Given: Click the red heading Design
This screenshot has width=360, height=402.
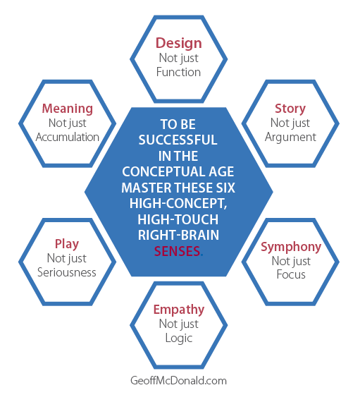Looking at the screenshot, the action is click(179, 43).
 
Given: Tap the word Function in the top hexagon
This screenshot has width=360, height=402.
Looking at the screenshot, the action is click(178, 72).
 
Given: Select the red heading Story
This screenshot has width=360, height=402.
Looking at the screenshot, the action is click(290, 109).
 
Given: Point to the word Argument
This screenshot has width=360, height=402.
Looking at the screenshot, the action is click(290, 138).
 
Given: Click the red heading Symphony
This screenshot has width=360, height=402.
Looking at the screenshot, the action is click(291, 247).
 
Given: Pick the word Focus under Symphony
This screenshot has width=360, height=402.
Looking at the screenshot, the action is click(291, 274).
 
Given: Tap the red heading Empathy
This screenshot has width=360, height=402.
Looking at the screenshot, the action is click(179, 310).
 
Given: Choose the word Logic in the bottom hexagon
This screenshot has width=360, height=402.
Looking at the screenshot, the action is click(179, 339).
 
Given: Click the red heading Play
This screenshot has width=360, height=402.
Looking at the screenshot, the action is click(67, 244).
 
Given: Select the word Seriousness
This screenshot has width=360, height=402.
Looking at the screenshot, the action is click(67, 272).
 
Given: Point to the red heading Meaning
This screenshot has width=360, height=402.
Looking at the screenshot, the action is click(68, 109).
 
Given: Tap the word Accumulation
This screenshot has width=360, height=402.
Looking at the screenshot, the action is click(68, 137).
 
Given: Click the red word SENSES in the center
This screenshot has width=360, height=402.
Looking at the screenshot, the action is click(177, 251).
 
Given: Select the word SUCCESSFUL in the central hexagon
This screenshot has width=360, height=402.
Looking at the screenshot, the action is click(178, 140).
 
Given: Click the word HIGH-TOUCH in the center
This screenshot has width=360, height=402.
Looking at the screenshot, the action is click(178, 220).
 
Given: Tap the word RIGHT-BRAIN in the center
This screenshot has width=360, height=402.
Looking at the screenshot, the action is click(178, 236).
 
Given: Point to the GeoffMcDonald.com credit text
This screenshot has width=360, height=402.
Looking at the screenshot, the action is click(178, 381).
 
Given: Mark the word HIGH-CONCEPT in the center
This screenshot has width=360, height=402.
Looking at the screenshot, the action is click(178, 204).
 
